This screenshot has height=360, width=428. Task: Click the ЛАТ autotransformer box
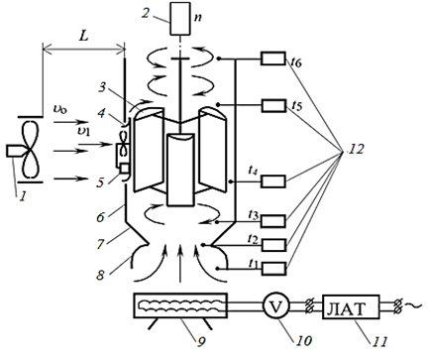[x=351, y=306]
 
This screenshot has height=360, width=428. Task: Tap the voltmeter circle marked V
[x=276, y=306]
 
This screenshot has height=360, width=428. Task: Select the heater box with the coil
[x=180, y=305]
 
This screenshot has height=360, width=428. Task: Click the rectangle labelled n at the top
[x=180, y=19]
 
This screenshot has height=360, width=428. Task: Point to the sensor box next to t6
[x=273, y=59]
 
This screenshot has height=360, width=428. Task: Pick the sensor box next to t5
[x=273, y=105]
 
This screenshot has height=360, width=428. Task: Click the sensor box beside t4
[x=273, y=181]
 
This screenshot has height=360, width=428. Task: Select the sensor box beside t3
[x=273, y=221]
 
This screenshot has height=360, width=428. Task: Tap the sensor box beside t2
[x=273, y=245]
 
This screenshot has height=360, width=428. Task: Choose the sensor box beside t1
[x=273, y=269]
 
